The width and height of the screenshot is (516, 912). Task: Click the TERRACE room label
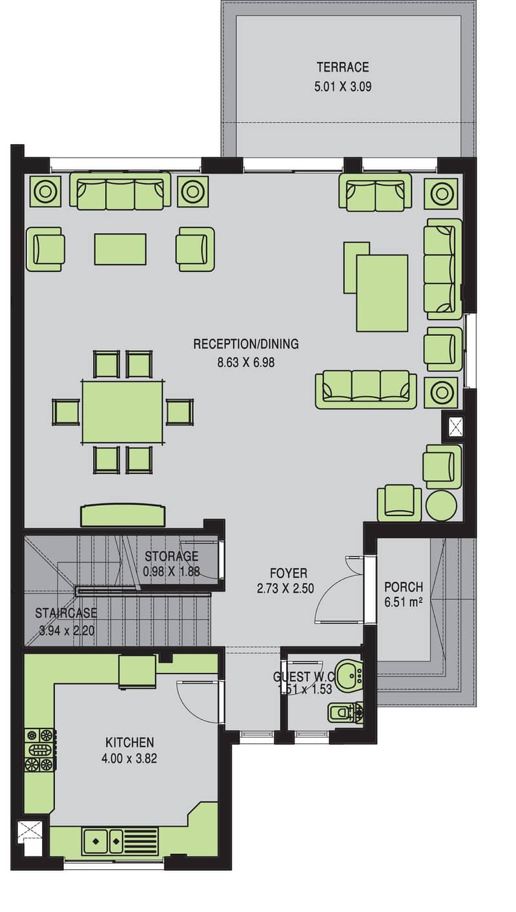[343, 67]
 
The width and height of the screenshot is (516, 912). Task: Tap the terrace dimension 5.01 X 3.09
[343, 87]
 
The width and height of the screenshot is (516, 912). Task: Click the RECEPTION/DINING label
[246, 344]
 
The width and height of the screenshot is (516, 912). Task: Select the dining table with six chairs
[123, 411]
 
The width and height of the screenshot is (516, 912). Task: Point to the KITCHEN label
[130, 742]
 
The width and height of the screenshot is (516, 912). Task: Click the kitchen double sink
[103, 840]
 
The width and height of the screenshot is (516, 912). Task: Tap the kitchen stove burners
[40, 749]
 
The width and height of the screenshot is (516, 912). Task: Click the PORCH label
[404, 586]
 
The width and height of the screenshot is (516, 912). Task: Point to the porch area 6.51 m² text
[403, 602]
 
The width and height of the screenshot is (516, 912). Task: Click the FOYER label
[289, 574]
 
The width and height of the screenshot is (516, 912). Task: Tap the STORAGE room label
[171, 555]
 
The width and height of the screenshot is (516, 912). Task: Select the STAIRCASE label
[66, 613]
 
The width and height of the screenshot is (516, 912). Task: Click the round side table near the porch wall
[441, 506]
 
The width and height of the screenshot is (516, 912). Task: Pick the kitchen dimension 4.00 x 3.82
[129, 758]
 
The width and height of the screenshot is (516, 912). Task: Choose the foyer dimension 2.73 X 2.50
[285, 588]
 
